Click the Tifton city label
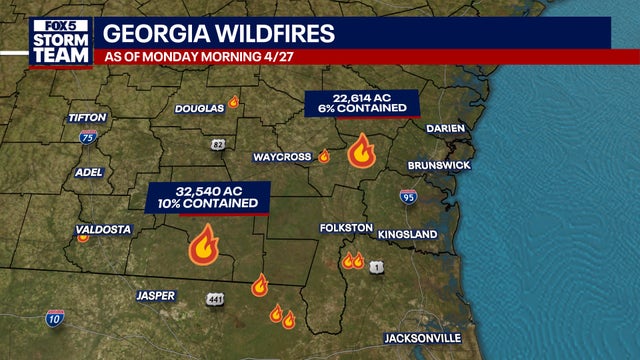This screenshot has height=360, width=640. [86, 118]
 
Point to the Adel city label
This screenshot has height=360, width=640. [89, 172]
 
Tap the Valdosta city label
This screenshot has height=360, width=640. [103, 229]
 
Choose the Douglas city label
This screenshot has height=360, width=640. [199, 108]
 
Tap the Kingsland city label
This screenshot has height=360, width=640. [407, 234]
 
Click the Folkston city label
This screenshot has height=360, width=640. [346, 228]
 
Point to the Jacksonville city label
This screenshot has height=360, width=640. [423, 338]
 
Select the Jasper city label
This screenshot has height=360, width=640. [155, 295]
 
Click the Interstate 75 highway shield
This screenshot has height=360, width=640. [88, 138]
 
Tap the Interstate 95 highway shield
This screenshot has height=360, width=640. [408, 197]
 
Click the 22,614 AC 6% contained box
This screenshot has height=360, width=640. [361, 103]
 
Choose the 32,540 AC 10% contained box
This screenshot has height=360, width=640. [209, 196]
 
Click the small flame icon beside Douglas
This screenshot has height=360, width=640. [233, 101]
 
